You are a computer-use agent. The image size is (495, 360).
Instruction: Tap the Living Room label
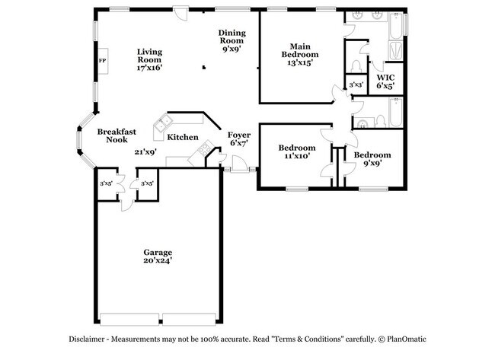[x=149, y=60]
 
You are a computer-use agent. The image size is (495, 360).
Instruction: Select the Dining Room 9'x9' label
[x=232, y=41]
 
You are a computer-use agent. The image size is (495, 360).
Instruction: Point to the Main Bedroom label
[x=298, y=55]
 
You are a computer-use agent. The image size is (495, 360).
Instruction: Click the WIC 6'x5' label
[x=386, y=82]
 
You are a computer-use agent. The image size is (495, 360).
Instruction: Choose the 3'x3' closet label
[x=356, y=84]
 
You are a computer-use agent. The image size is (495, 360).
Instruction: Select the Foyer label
[x=240, y=139]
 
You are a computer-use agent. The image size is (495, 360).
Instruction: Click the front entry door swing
[x=239, y=162]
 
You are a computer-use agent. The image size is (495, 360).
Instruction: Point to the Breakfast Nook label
[x=117, y=135]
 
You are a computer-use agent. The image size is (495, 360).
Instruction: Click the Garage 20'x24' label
[x=158, y=256]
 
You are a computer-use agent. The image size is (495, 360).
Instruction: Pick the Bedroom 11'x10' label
[x=296, y=151]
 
